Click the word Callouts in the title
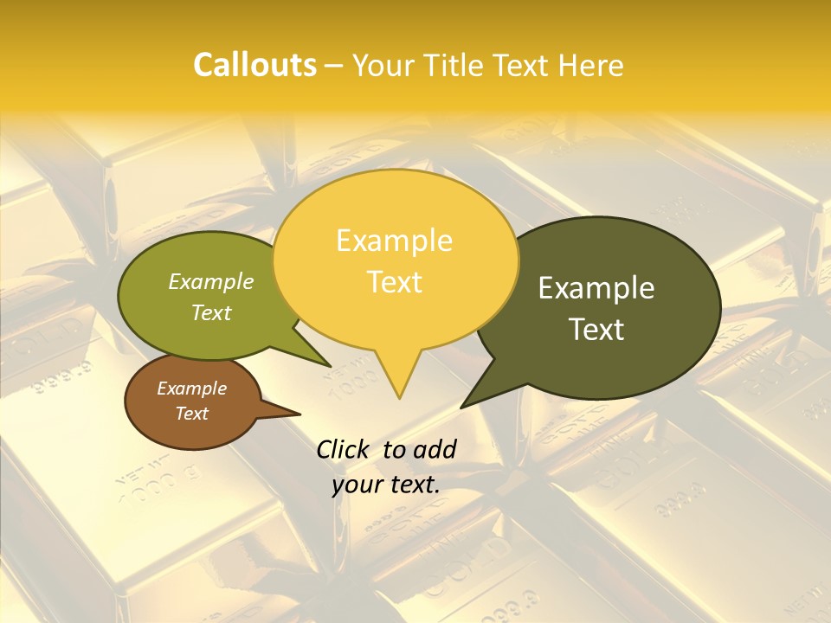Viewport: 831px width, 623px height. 254,65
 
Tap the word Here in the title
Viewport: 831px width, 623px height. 589,66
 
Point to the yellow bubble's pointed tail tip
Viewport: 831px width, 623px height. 399,397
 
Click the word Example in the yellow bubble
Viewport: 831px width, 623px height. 394,241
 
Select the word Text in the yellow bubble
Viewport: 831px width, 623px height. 395,282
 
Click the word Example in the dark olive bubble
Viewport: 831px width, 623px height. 596,288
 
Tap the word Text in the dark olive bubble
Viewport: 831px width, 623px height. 597,330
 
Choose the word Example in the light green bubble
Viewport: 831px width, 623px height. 210,282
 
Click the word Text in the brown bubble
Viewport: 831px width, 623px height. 191,414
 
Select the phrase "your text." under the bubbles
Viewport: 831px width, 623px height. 385,485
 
